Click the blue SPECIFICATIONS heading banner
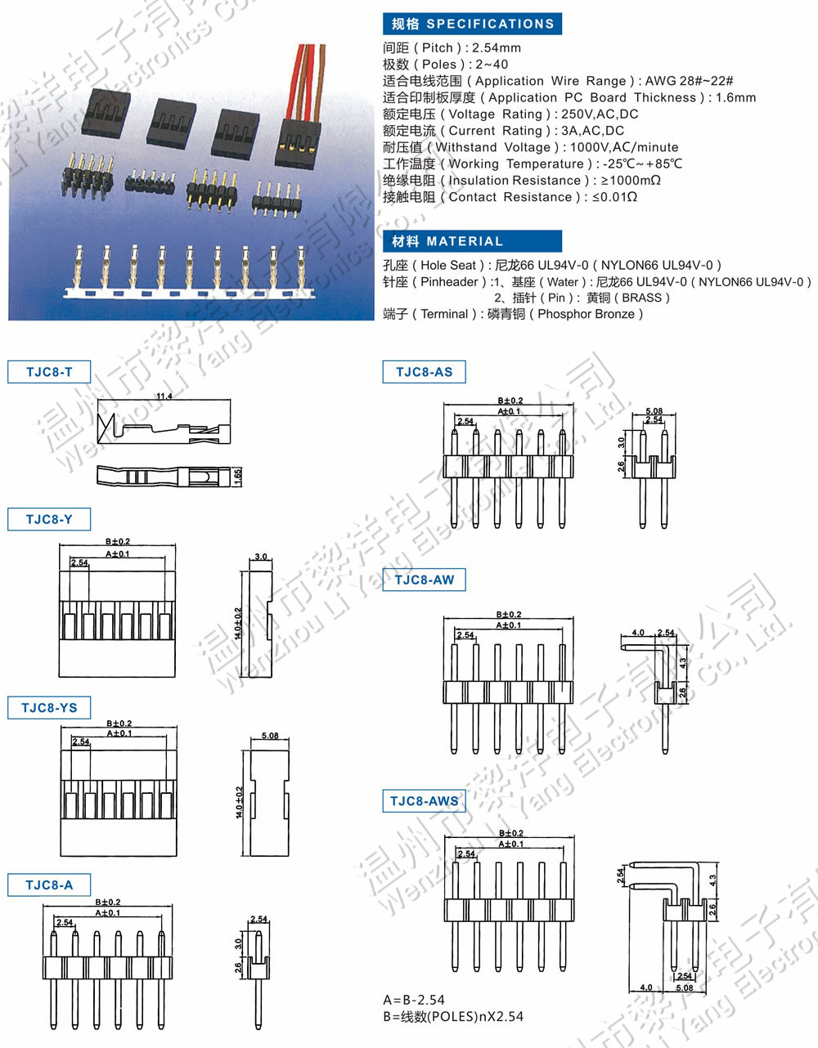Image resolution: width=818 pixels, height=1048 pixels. tap(472, 24)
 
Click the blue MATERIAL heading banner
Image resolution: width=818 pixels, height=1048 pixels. tap(472, 241)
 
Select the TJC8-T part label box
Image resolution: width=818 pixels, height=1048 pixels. tap(49, 372)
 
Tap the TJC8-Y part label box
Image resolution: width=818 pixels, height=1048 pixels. tap(49, 519)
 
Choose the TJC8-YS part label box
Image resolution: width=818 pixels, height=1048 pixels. tap(49, 708)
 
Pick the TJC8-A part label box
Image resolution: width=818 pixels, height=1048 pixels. tap(49, 885)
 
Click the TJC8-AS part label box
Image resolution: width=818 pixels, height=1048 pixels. tap(424, 372)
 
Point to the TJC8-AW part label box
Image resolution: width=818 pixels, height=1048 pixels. tap(424, 580)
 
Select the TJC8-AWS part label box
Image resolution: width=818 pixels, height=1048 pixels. tap(424, 801)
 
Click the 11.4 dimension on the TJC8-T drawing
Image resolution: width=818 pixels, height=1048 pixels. tap(164, 396)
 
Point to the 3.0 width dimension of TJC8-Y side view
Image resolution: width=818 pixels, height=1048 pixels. tap(261, 557)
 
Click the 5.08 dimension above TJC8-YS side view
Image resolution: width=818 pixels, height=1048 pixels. tap(269, 736)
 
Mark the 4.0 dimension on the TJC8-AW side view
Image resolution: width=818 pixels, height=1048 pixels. tap(638, 633)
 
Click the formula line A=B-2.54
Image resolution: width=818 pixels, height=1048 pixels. tap(414, 1000)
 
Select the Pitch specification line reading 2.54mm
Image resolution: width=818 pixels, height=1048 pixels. tap(452, 47)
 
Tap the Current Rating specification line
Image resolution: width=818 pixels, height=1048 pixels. tap(503, 131)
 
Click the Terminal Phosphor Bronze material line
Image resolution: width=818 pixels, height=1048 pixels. tap(513, 314)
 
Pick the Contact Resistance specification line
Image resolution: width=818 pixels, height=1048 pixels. tap(510, 197)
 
